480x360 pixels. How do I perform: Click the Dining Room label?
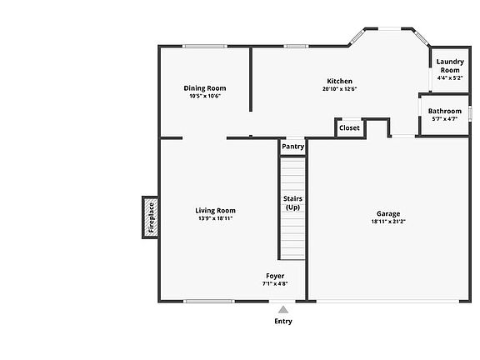click(205, 88)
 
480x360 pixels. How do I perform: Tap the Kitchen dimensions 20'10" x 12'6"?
click(339, 89)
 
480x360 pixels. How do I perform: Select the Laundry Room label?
click(450, 66)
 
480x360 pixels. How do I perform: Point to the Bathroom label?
click(445, 111)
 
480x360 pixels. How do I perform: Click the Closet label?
click(349, 127)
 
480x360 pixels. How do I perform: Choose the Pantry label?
click(293, 147)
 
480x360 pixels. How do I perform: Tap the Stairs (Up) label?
click(292, 203)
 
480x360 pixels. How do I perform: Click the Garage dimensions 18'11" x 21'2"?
click(388, 222)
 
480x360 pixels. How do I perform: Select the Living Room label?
click(215, 210)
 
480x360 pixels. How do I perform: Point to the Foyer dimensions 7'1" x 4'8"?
click(275, 283)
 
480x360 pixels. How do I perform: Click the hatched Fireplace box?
click(151, 217)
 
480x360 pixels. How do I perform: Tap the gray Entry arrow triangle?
click(283, 309)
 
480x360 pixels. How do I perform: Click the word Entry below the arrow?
click(283, 321)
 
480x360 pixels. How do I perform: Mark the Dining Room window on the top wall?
click(205, 46)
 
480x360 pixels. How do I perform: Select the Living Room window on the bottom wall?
click(209, 301)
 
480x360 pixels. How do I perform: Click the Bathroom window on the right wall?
click(470, 113)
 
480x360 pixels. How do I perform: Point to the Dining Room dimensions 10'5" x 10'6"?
click(205, 96)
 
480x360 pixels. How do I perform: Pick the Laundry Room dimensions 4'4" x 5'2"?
click(450, 78)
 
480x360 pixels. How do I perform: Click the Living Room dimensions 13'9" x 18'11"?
click(215, 218)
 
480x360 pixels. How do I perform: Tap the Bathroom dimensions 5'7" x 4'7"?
click(445, 119)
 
